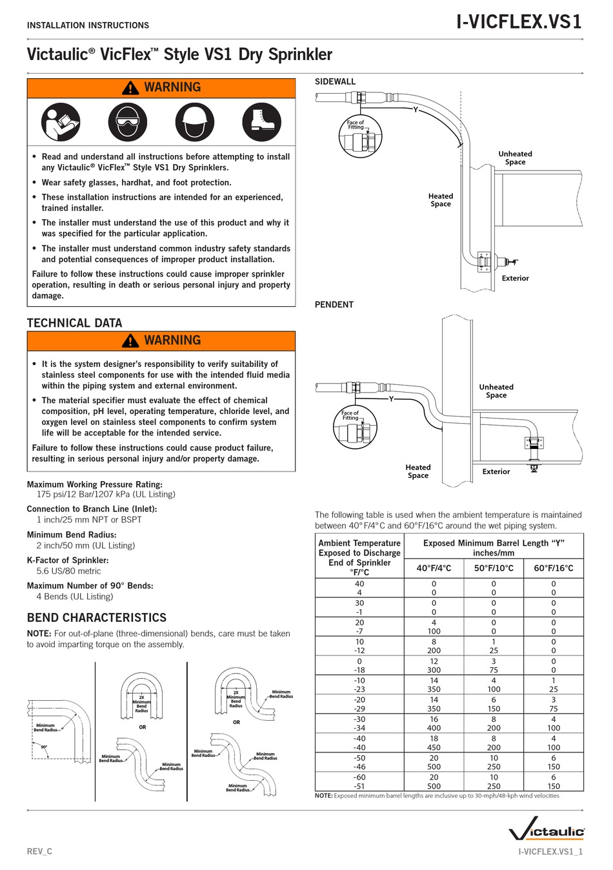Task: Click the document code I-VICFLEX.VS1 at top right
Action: (x=519, y=23)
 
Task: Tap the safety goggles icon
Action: (x=127, y=121)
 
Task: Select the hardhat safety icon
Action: (x=194, y=121)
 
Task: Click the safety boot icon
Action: (x=262, y=121)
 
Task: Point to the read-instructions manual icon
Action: (x=61, y=121)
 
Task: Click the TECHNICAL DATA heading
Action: (x=74, y=323)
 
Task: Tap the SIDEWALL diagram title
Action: (x=335, y=81)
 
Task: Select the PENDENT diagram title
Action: (x=334, y=305)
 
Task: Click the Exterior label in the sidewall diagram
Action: (x=515, y=278)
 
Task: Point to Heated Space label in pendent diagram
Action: (x=418, y=471)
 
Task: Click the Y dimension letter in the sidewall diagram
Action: (x=416, y=110)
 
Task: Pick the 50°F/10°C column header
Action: (x=494, y=568)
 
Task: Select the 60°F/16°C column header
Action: (x=553, y=568)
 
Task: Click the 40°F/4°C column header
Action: (x=434, y=568)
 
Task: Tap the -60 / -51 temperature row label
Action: (x=359, y=782)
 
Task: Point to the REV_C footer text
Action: (x=39, y=851)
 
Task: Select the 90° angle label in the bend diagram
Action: (x=44, y=747)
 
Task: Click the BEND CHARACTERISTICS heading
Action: (x=96, y=617)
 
